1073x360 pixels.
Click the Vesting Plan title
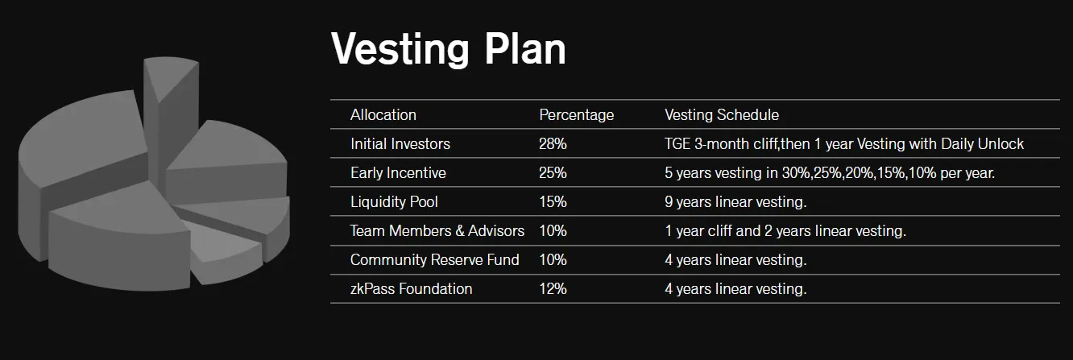[448, 49]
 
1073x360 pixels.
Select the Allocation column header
[383, 114]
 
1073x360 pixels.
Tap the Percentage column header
[576, 114]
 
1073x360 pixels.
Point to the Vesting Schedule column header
[721, 114]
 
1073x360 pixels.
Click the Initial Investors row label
[400, 143]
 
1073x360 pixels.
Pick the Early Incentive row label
[398, 172]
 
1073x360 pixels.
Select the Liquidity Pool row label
[394, 201]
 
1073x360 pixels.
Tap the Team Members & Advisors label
[437, 230]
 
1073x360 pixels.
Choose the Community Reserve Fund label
[435, 259]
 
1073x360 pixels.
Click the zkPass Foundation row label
[411, 288]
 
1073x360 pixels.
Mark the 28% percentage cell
[553, 143]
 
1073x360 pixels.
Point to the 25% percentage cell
[553, 172]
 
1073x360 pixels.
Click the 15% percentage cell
[553, 201]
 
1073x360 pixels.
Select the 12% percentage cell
[553, 288]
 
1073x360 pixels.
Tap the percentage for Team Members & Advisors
[553, 230]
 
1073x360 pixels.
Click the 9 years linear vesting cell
[735, 201]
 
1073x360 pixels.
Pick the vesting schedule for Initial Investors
[844, 143]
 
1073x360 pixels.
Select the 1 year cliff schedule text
[785, 230]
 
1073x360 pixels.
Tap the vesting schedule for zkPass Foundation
[735, 288]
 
